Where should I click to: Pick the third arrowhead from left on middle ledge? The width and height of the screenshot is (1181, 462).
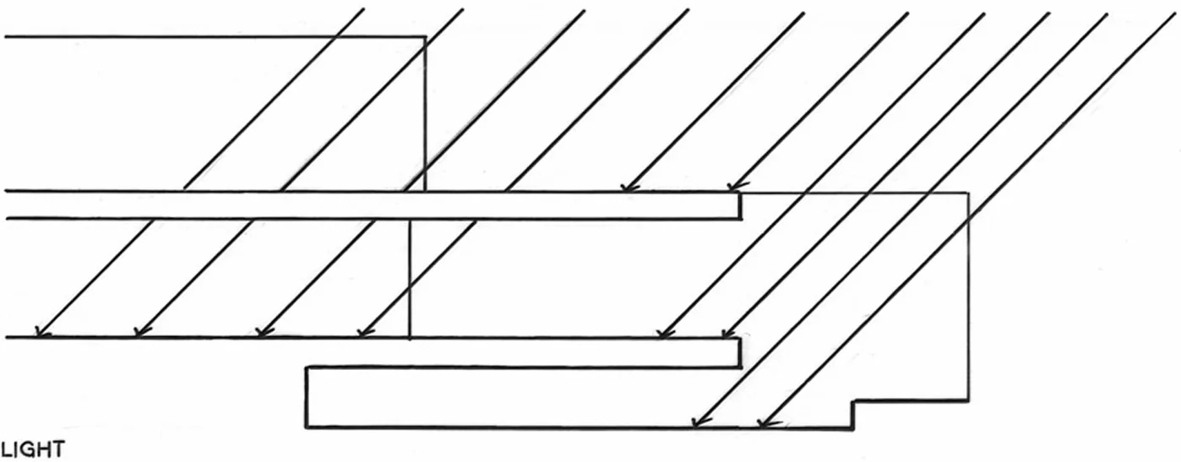(262, 334)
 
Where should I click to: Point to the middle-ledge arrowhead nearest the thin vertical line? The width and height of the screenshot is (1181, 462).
(363, 334)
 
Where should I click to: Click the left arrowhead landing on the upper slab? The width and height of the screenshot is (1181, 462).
(627, 188)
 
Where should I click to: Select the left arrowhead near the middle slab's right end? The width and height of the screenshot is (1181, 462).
(664, 334)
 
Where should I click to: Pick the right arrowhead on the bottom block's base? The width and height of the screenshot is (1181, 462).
(762, 423)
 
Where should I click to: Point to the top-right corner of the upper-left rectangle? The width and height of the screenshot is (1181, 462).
(425, 37)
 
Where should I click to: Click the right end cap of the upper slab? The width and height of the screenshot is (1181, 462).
(740, 206)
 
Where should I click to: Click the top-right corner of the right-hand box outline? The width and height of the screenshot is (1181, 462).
(968, 193)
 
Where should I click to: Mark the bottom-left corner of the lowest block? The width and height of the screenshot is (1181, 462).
(307, 427)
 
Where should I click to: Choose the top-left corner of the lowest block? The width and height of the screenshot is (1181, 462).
(307, 367)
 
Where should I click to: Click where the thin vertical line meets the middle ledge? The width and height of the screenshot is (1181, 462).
(410, 338)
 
